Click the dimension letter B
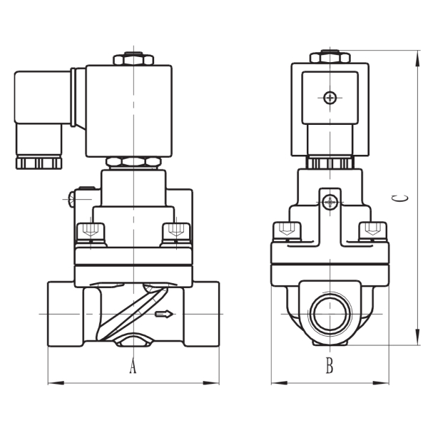[330, 365]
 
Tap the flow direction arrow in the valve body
[164, 314]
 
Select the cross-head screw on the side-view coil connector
[330, 98]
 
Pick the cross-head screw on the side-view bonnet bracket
[330, 203]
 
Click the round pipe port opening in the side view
[331, 313]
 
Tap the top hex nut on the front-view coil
[133, 58]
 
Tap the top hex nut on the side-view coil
[330, 56]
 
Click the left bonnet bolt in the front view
[91, 233]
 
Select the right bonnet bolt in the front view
[176, 233]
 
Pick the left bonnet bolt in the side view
[287, 231]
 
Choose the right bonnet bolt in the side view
[373, 231]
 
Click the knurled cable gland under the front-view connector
[39, 163]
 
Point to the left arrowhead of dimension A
[56, 383]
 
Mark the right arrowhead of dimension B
[381, 383]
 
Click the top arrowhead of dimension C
[417, 58]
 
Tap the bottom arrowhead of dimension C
[417, 337]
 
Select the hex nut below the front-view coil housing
[133, 163]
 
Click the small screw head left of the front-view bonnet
[71, 199]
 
